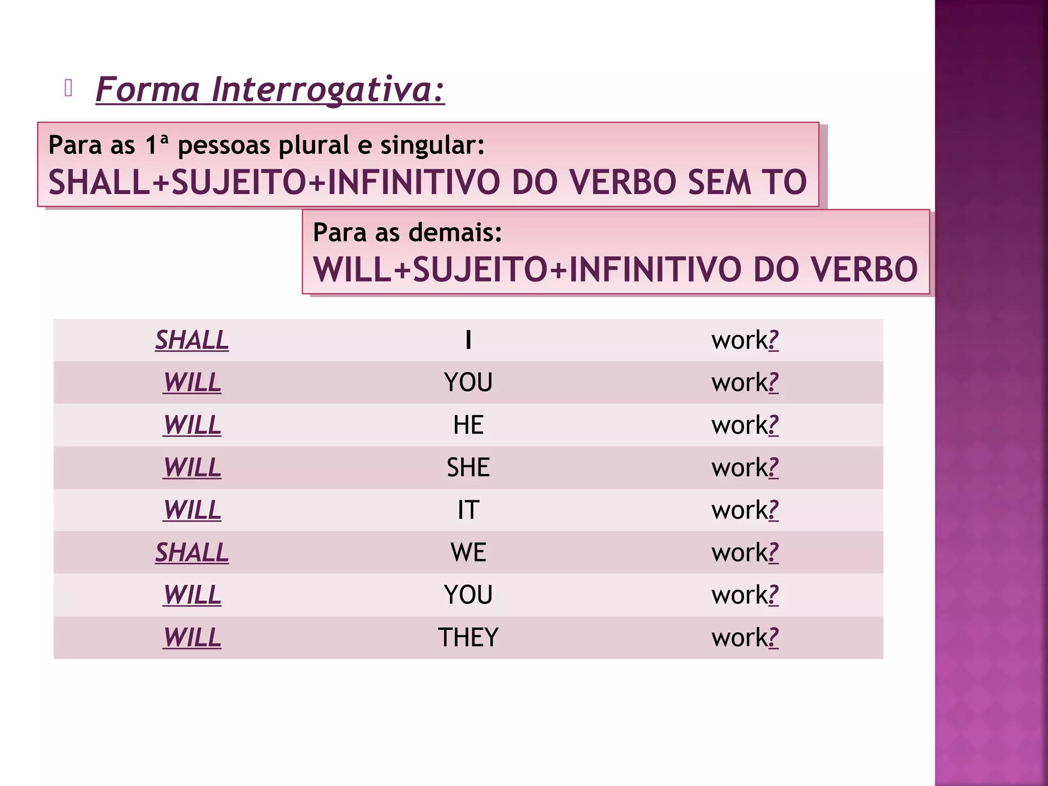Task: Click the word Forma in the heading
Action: [148, 90]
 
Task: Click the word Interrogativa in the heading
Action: [327, 90]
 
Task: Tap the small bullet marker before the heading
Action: [69, 89]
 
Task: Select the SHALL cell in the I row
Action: [192, 340]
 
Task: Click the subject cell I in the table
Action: [468, 340]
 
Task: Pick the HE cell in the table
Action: [468, 425]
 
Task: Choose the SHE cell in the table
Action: [468, 468]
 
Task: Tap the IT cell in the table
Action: [468, 510]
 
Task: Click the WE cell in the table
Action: [468, 553]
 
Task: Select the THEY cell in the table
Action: [468, 638]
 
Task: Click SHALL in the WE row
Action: [192, 553]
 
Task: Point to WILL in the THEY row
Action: [192, 638]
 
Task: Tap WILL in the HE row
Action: [192, 425]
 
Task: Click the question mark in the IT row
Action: [774, 510]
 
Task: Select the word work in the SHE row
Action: [740, 468]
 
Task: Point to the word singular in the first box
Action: [432, 145]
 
